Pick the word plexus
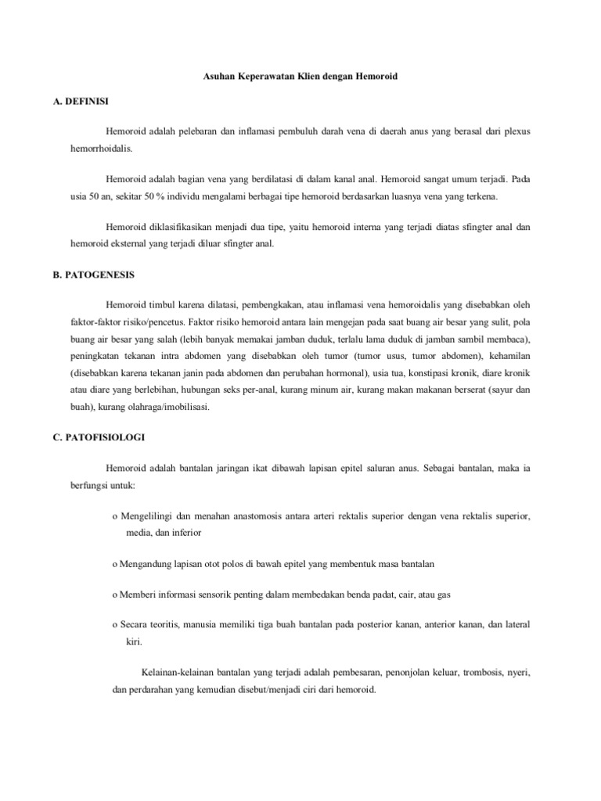515,131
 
